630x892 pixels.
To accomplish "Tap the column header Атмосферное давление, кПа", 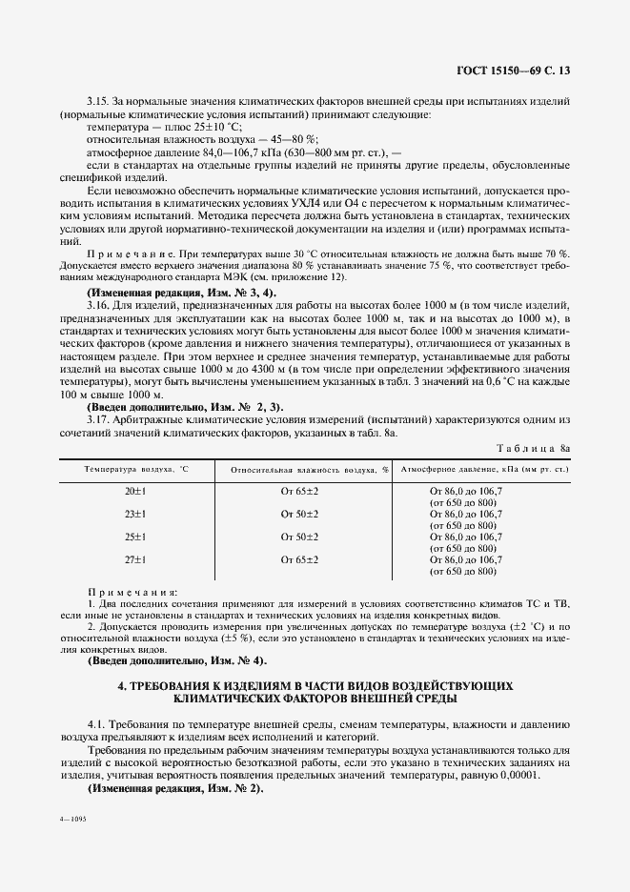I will tap(484, 470).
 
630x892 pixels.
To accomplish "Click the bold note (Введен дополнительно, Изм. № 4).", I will tap(177, 660).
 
